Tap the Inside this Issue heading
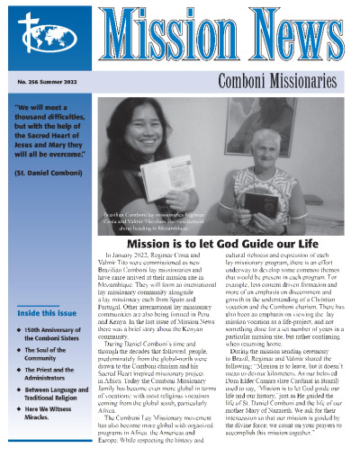(x=45, y=313)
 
